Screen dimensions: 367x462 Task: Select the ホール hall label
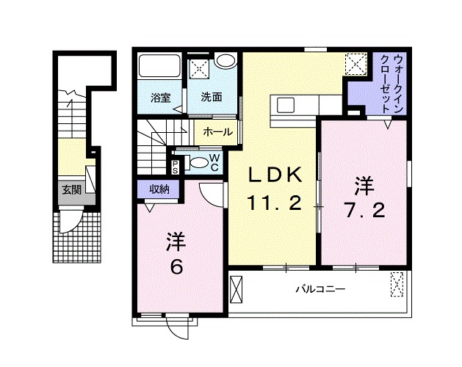217,132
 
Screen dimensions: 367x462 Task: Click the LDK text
273,175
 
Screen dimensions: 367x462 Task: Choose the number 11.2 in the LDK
273,204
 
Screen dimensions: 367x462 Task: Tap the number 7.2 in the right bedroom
362,211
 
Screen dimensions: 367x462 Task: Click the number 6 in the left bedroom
176,268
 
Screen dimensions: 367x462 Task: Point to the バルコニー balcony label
320,289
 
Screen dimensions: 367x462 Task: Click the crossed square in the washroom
199,68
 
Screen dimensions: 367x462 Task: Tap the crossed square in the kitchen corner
357,65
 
